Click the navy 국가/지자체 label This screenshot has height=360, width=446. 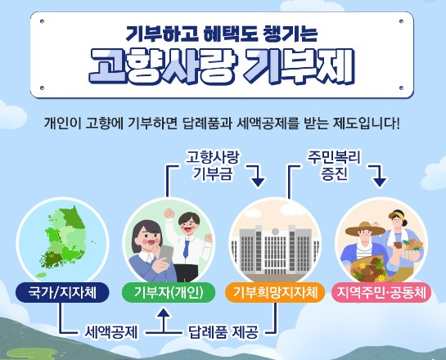[x=62, y=292]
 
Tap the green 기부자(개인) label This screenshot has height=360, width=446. [x=169, y=292]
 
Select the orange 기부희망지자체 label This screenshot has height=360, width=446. [x=275, y=292]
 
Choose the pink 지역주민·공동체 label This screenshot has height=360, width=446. [x=381, y=292]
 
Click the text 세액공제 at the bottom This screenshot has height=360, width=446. [x=111, y=332]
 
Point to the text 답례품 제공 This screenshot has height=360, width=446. [x=223, y=332]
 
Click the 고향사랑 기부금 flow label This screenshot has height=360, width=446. [x=213, y=165]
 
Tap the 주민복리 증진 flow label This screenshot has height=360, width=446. [x=334, y=165]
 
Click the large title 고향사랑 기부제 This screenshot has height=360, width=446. [x=222, y=66]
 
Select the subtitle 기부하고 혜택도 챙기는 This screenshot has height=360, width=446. [x=222, y=33]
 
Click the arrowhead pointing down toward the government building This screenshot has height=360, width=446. [x=258, y=182]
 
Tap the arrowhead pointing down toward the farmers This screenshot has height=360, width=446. [x=380, y=182]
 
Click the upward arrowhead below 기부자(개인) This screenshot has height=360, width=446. [x=164, y=313]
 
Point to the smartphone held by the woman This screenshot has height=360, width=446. [x=165, y=254]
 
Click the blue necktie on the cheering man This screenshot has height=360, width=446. [x=186, y=249]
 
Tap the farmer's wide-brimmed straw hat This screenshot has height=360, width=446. [x=365, y=229]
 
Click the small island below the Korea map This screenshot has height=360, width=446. [x=41, y=275]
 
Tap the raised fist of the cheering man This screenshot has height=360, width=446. [x=169, y=213]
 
